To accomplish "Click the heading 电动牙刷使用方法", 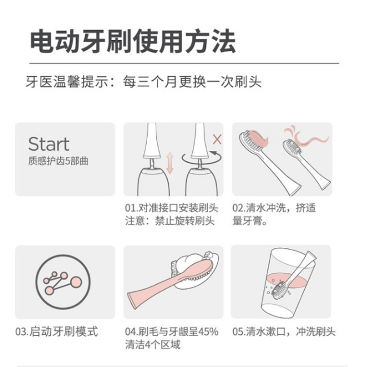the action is tap(133, 41).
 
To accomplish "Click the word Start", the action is tap(49, 144).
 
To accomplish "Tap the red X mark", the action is tap(217, 139).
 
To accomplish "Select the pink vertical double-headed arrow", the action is tap(170, 163).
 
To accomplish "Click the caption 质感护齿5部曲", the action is tap(58, 161).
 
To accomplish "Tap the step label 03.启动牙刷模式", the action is tap(56, 331).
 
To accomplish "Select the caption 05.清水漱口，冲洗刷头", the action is tap(284, 331).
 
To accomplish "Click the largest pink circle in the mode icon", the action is tap(76, 282).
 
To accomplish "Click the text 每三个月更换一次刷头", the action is tap(192, 82).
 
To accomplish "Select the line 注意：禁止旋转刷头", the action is tap(170, 221).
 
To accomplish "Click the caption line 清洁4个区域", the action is tap(153, 345).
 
